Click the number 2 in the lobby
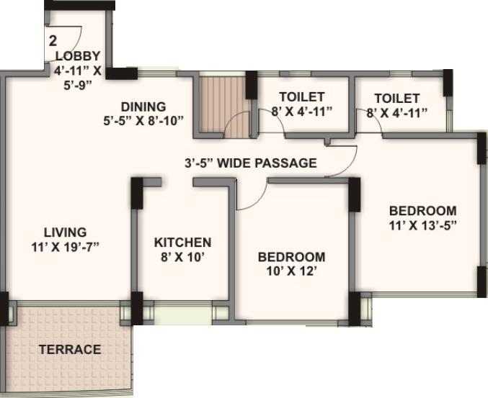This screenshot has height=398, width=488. pyautogui.click(x=53, y=41)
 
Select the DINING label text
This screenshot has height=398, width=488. pyautogui.click(x=143, y=107)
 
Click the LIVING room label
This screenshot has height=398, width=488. pyautogui.click(x=65, y=232)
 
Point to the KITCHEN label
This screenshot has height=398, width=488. pyautogui.click(x=182, y=243)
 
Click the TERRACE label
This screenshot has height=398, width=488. pyautogui.click(x=69, y=350)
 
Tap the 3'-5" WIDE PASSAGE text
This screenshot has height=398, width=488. pyautogui.click(x=250, y=163)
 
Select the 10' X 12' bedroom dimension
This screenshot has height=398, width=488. pyautogui.click(x=291, y=271)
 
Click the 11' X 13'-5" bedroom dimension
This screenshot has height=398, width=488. pyautogui.click(x=422, y=225)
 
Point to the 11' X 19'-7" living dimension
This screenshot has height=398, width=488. pyautogui.click(x=65, y=247)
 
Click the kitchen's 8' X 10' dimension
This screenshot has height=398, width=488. pyautogui.click(x=182, y=257)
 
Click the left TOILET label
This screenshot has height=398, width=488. pyautogui.click(x=301, y=96)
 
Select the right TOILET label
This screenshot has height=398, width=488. pyautogui.click(x=396, y=98)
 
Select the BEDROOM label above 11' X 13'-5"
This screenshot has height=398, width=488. pyautogui.click(x=422, y=210)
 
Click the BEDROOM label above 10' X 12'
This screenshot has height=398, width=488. pyautogui.click(x=291, y=257)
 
